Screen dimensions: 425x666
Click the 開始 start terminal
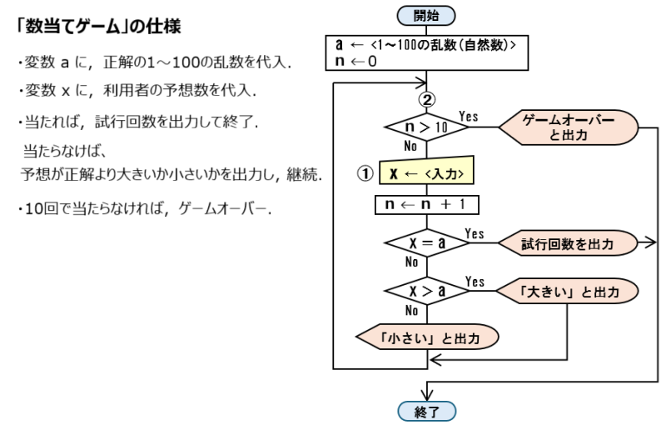point(427,13)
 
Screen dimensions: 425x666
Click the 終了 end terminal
point(427,411)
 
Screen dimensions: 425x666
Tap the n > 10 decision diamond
point(427,127)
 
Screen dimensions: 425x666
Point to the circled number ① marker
point(362,174)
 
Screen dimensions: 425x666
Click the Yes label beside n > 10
point(469,117)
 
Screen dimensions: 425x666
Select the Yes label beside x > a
point(475,281)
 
